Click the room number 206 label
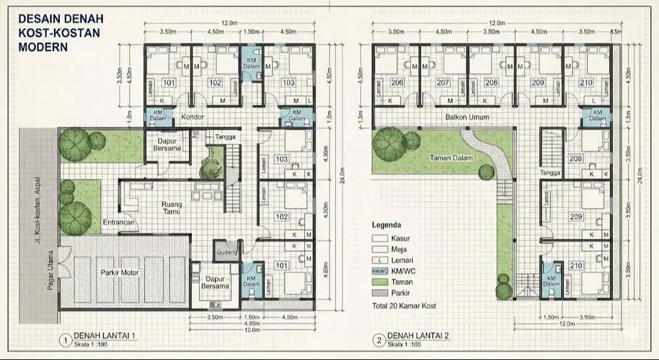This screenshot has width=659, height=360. coord(397,82)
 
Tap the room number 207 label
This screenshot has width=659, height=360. coord(443,82)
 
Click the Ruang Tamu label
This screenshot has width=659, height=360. coord(172,208)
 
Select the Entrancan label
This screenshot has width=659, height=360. coord(119,223)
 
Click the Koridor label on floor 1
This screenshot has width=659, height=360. coord(194,117)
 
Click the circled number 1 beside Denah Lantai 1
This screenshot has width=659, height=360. coord(65,340)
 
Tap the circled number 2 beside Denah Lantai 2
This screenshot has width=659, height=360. coord(378,340)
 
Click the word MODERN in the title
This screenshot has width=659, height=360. coord(41,48)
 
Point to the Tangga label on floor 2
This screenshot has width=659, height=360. coord(550,173)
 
